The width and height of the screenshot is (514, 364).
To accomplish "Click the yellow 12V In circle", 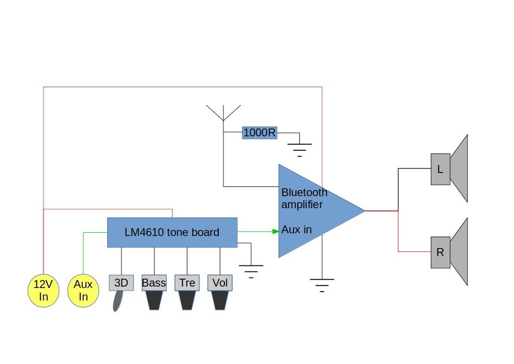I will tap(43, 290).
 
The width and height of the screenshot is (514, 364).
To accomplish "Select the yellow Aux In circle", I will tap(83, 290).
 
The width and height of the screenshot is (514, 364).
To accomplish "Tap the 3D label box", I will tap(121, 283).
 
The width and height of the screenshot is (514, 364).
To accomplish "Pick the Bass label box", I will tap(154, 283).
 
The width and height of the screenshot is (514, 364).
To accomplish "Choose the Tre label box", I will tap(187, 283).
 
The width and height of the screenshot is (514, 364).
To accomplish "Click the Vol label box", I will tap(220, 283).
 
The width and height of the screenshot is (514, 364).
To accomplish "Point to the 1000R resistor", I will tap(260, 133).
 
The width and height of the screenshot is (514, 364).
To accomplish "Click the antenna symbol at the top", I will tap(223, 113).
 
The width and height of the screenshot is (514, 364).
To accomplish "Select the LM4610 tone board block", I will tap(172, 232).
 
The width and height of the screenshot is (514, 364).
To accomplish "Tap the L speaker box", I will tap(440, 169).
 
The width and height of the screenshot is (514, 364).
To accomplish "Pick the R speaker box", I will tap(440, 252).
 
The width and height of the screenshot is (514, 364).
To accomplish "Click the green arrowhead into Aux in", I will tap(276, 231).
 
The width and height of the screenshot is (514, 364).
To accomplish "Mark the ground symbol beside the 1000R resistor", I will tap(300, 148).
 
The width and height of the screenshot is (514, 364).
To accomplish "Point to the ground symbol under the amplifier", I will tap(322, 285).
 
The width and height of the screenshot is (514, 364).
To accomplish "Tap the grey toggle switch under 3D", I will tap(118, 301).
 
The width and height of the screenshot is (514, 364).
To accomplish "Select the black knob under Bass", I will tap(154, 300).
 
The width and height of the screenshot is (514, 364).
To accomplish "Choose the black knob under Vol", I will tap(220, 300).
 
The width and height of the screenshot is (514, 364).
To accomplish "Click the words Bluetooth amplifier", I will tap(304, 198).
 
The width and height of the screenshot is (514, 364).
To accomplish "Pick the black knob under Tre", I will tap(187, 300).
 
